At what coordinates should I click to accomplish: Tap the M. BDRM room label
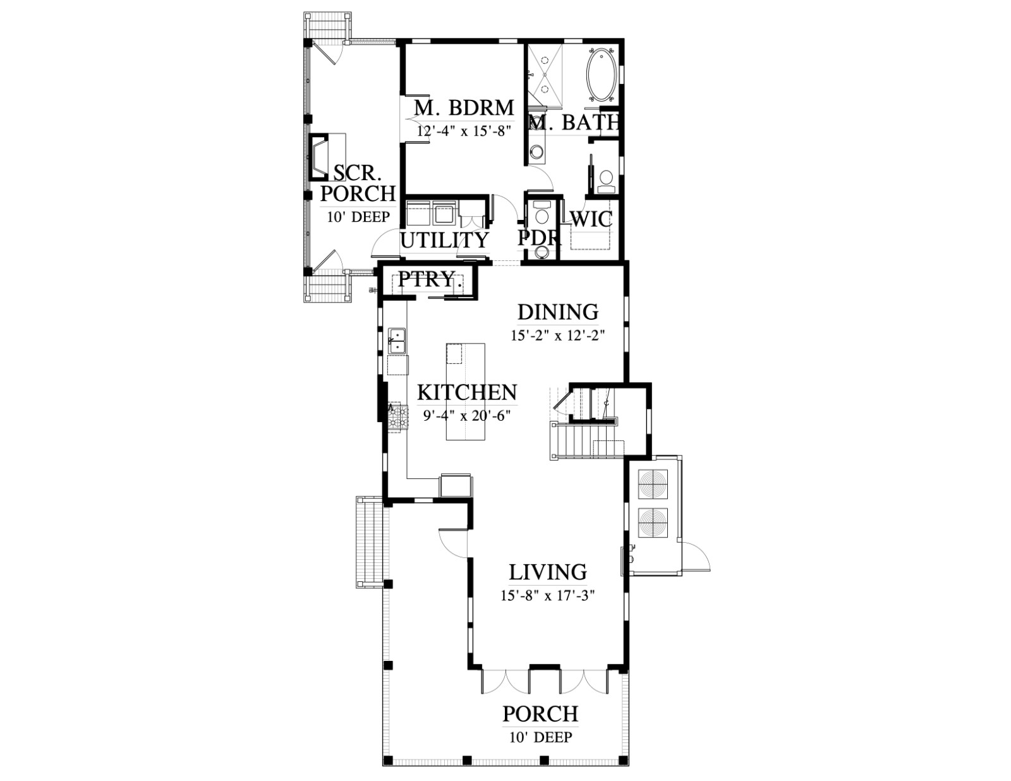click(464, 107)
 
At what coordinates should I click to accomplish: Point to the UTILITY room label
click(444, 241)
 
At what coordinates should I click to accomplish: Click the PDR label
click(540, 238)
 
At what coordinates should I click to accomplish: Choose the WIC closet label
click(591, 219)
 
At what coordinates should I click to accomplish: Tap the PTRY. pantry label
click(426, 279)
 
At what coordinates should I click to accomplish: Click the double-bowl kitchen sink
click(397, 341)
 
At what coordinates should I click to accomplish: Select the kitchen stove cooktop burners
click(398, 417)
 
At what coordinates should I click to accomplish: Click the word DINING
click(558, 312)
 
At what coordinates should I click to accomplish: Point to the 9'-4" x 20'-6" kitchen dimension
click(467, 415)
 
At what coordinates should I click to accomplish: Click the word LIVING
click(548, 572)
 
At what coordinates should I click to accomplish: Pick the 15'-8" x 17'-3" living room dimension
click(548, 595)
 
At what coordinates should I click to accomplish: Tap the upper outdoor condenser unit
click(653, 484)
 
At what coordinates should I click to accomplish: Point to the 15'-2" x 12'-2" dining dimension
click(558, 336)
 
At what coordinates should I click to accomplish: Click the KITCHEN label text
click(467, 392)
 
